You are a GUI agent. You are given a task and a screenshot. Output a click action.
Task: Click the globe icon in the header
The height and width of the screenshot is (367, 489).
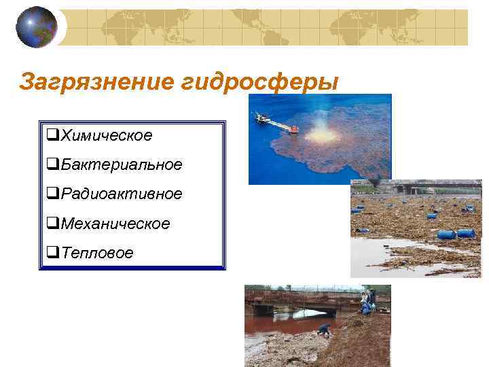(x=36, y=27)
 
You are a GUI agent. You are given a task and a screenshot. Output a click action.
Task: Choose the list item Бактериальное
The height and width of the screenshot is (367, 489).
(x=121, y=164)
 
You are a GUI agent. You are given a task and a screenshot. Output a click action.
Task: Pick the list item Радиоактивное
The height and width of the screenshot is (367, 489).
(x=121, y=194)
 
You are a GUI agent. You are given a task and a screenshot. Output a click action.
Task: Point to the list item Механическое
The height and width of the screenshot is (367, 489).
(x=115, y=223)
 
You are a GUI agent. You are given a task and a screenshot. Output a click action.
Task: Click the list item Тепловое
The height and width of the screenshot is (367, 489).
(x=96, y=253)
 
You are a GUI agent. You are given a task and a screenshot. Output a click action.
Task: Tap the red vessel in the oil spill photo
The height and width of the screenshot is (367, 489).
(x=293, y=129)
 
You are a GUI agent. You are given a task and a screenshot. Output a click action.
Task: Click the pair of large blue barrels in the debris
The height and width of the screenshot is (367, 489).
(x=456, y=233)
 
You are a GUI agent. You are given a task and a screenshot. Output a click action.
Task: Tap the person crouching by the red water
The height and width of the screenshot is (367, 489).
(x=325, y=330)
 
